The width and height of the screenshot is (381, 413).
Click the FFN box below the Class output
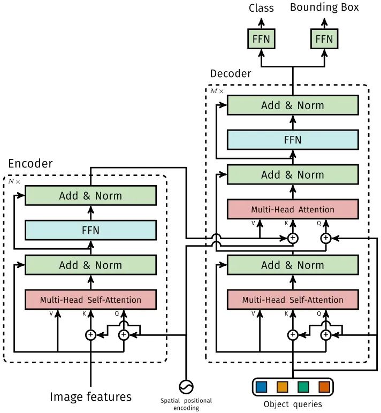pyautogui.click(x=261, y=39)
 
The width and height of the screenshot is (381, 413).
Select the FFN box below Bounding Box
pyautogui.click(x=324, y=39)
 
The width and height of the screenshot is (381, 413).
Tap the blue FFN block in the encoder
pyautogui.click(x=90, y=230)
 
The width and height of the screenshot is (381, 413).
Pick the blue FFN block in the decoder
pyautogui.click(x=293, y=140)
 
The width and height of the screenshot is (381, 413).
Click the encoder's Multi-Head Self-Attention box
pyautogui.click(x=90, y=300)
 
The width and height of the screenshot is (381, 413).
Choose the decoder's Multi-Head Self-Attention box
pyautogui.click(x=293, y=300)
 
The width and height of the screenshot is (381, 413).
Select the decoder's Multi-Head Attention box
pyautogui.click(x=293, y=209)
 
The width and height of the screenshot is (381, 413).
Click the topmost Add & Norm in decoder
pyautogui.click(x=293, y=105)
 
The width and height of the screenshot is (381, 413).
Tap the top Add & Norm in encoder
pyautogui.click(x=90, y=195)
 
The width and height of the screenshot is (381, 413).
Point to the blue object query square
pyautogui.click(x=261, y=387)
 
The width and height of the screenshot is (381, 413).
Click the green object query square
pyautogui.click(x=303, y=387)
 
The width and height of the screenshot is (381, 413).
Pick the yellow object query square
pyautogui.click(x=282, y=387)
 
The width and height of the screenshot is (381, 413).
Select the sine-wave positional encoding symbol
pyautogui.click(x=186, y=387)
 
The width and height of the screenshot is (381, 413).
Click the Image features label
pyautogui.click(x=90, y=396)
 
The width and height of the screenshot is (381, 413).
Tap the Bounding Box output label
pyautogui.click(x=324, y=7)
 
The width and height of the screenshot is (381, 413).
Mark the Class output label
pyautogui.click(x=261, y=8)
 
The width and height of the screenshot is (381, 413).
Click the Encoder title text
pyautogui.click(x=31, y=164)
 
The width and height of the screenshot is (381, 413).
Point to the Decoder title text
pyautogui.click(x=231, y=73)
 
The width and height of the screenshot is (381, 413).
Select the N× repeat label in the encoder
pyautogui.click(x=14, y=181)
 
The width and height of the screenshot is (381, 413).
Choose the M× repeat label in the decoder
pyautogui.click(x=217, y=91)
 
